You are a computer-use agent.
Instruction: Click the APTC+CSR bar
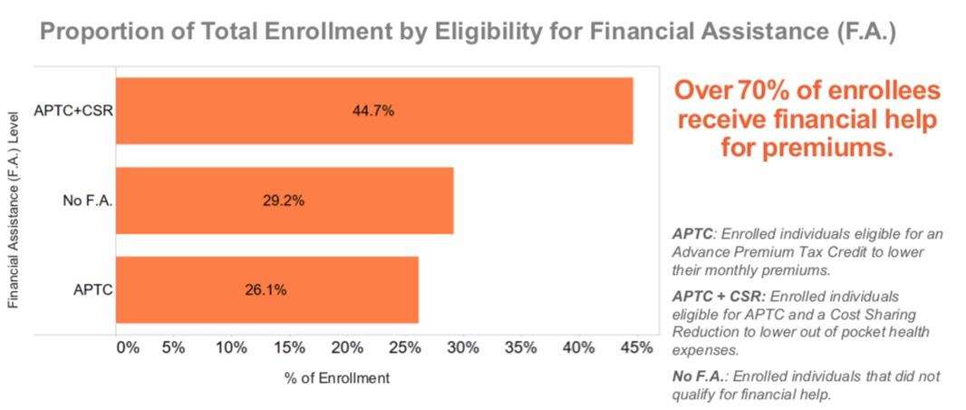(x=374, y=111)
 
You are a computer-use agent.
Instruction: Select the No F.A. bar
(x=285, y=200)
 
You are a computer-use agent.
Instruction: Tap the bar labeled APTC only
(x=267, y=289)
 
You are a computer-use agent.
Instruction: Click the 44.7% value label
(x=373, y=111)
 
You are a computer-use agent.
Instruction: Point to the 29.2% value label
(x=283, y=200)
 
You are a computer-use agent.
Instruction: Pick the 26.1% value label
(x=266, y=290)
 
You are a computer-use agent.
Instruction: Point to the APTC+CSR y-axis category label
(x=72, y=112)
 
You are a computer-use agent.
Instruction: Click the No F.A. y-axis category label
(x=88, y=200)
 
